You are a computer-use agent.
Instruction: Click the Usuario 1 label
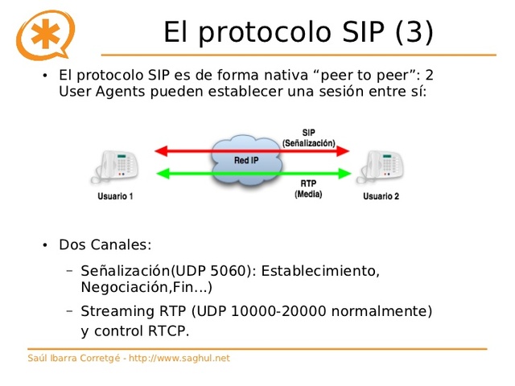(116, 195)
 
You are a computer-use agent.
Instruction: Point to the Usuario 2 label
(381, 195)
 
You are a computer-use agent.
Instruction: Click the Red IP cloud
(248, 160)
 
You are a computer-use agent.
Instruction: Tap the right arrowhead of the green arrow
(345, 172)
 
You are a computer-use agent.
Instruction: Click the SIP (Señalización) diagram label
(309, 138)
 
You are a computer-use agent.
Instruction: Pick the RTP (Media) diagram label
(308, 189)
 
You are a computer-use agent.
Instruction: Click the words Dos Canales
(105, 244)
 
